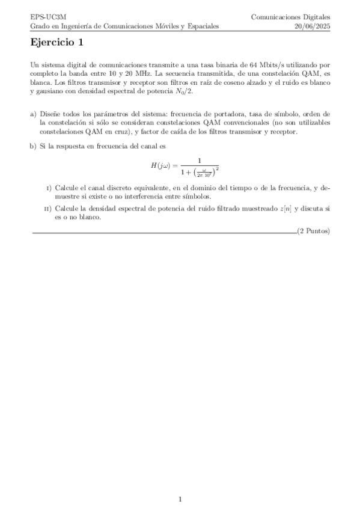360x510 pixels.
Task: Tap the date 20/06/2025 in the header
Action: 312,26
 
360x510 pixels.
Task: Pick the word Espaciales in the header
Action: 203,26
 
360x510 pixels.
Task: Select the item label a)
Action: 33,114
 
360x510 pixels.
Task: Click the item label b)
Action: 33,146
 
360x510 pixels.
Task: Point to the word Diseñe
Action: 50,114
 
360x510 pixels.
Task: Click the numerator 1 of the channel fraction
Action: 198,161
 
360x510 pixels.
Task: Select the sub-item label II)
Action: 48,209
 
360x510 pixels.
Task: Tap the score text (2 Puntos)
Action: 314,232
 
